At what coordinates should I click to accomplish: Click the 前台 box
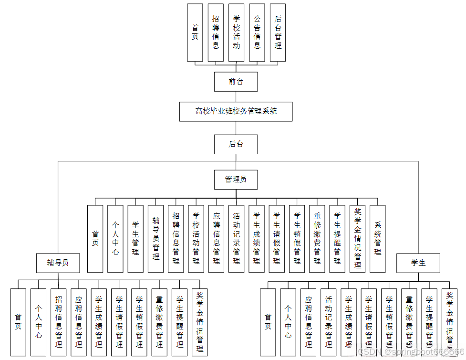click(x=236, y=82)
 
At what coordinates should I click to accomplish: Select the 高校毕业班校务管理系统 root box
click(x=236, y=111)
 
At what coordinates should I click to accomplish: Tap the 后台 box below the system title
click(x=236, y=144)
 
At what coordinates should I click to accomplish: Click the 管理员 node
click(x=236, y=180)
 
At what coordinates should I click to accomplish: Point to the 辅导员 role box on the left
click(x=58, y=263)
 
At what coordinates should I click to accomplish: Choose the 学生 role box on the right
click(x=418, y=263)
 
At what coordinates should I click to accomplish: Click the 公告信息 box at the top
click(x=257, y=32)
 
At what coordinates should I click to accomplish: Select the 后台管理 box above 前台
click(x=278, y=32)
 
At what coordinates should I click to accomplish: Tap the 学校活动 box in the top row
click(x=236, y=32)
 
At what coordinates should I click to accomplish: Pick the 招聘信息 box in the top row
click(x=216, y=32)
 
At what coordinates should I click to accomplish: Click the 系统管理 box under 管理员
click(x=378, y=239)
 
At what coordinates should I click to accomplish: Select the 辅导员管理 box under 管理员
click(x=155, y=239)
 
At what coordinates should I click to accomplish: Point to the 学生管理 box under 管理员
click(x=135, y=239)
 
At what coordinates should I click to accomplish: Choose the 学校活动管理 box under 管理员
click(x=196, y=239)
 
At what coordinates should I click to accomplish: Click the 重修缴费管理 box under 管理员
click(x=317, y=239)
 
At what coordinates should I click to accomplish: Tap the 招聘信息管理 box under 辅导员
click(x=59, y=322)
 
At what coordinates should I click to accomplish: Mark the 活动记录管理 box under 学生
click(x=329, y=322)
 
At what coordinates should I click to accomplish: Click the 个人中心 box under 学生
click(x=288, y=322)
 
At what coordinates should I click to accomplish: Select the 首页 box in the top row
click(x=195, y=32)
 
